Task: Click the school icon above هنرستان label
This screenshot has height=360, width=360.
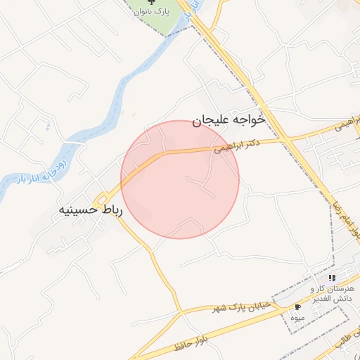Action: pyautogui.click(x=333, y=278)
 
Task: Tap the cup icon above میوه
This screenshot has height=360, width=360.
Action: pyautogui.click(x=297, y=307)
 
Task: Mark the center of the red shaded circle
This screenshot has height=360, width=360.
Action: pyautogui.click(x=180, y=179)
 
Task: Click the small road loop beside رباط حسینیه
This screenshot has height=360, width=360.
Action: pyautogui.click(x=103, y=198)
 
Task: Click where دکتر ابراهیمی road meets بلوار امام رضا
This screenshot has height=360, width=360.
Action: pyautogui.click(x=285, y=139)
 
